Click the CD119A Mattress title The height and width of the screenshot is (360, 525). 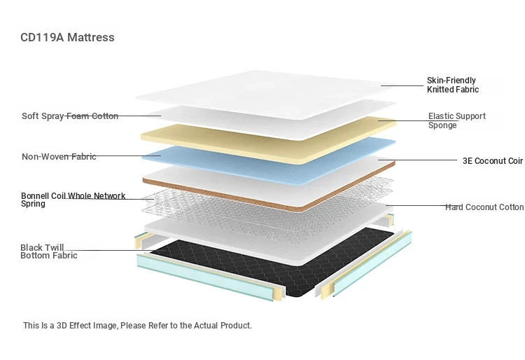67,37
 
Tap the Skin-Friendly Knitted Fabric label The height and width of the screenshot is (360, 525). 453,85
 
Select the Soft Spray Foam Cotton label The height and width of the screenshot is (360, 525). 70,116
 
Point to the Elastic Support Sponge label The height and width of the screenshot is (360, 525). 456,120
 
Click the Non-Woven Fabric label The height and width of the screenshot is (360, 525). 59,156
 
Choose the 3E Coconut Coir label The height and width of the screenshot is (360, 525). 493,161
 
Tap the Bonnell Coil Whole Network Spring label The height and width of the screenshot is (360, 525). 73,200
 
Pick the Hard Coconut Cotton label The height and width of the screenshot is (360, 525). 484,207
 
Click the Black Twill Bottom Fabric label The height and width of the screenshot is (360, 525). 49,251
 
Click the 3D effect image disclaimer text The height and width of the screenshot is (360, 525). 137,326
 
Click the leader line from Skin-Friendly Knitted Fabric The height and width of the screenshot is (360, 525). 402,85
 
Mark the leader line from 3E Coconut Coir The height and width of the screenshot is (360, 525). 417,160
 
